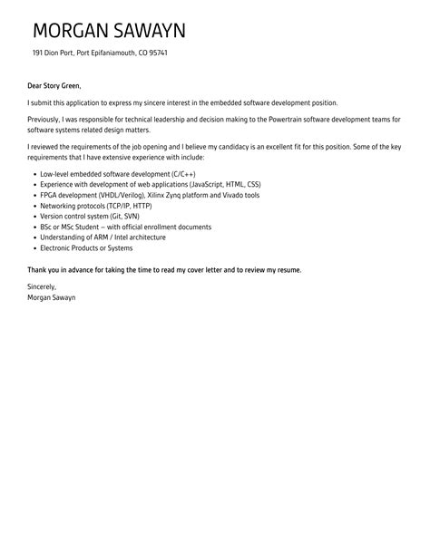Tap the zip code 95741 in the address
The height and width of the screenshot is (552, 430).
[x=155, y=53]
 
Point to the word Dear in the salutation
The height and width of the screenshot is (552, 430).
[x=36, y=87]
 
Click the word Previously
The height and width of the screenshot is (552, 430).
[x=46, y=119]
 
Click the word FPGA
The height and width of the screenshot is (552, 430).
[x=50, y=194]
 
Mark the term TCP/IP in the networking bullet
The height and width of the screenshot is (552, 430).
[x=122, y=205]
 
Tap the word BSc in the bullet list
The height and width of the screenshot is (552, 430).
[x=48, y=227]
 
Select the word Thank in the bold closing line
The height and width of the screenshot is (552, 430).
[x=38, y=270]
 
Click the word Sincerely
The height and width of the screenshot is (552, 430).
[x=42, y=286]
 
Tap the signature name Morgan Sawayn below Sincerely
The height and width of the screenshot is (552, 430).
[x=52, y=297]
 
